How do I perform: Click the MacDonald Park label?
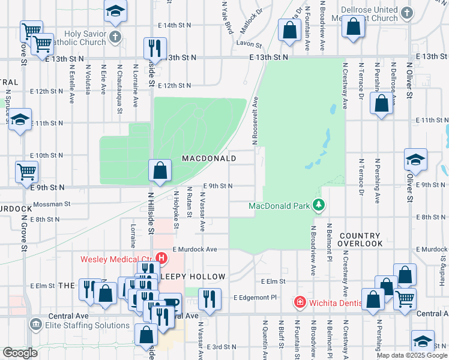coord(279,207)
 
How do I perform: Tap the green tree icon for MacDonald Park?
coord(318,206)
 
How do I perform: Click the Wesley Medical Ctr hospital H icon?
coord(161,258)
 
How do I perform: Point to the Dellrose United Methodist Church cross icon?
coord(407,12)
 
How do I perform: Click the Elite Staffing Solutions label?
coord(88,325)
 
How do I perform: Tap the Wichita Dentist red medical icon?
coord(300,302)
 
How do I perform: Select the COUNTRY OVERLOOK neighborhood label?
coord(359,240)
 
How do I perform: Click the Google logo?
coord(20,353)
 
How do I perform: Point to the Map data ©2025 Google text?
coord(412,355)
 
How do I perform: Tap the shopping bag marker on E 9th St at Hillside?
coord(160,171)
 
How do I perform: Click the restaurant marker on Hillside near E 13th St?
coord(155,47)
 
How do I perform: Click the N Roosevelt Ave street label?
coord(255,121)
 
